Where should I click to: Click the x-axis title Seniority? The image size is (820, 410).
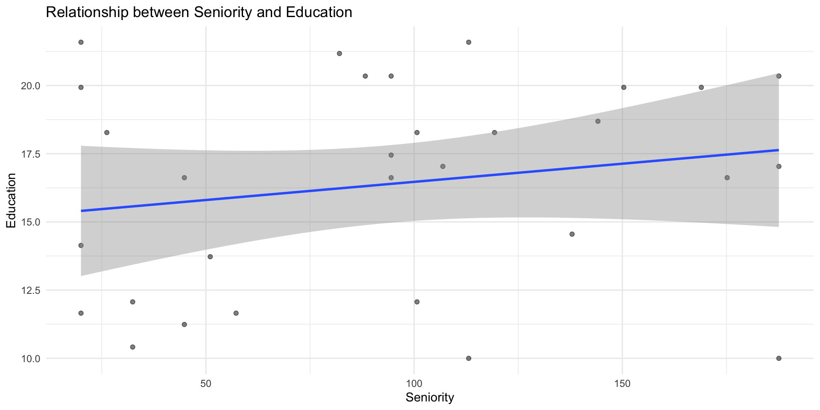[430, 398]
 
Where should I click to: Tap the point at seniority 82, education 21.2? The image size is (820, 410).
[340, 53]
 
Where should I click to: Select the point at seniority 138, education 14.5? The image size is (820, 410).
[572, 234]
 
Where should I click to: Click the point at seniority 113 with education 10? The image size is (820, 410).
[469, 358]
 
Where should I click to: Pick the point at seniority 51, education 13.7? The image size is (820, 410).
[210, 257]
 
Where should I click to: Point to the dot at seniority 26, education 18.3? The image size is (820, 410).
[107, 132]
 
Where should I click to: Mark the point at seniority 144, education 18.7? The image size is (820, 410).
[598, 121]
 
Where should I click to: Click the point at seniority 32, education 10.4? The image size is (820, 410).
[132, 347]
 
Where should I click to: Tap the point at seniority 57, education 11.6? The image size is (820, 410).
[236, 313]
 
